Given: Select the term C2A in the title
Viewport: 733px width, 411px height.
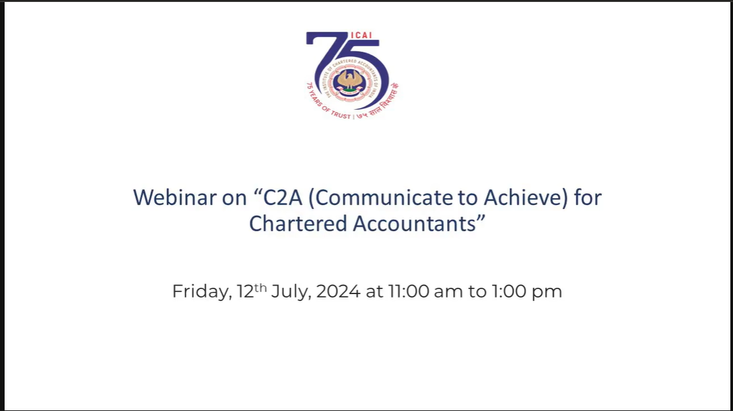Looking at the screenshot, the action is pos(283,198).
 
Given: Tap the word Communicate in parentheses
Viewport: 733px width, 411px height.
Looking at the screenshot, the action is pos(385,198).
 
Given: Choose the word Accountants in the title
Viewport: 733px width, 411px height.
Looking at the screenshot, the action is pos(414,223).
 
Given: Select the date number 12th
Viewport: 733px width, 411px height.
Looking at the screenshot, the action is pos(252,290).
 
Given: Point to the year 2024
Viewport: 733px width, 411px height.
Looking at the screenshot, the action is pos(338,291).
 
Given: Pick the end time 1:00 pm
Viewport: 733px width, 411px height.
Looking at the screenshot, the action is pos(526,292).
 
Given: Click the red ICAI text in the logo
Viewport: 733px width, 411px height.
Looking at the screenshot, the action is pos(361,35).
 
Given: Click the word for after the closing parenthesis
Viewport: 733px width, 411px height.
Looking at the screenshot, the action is pos(588,198).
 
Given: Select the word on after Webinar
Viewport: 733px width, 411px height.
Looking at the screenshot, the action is pos(234,199).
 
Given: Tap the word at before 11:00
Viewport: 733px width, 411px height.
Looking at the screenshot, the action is pos(374,292).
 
